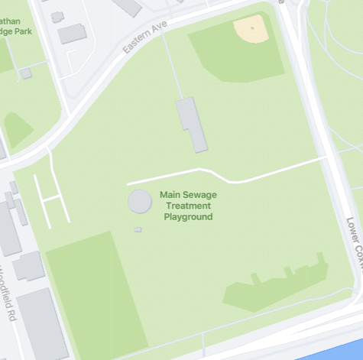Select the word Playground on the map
(x=188, y=217)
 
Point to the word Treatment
(x=188, y=206)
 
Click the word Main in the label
(x=170, y=195)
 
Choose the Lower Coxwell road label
(x=353, y=245)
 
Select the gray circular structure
(x=139, y=202)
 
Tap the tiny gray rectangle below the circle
(x=138, y=229)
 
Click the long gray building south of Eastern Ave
(x=192, y=124)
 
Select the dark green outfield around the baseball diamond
(x=229, y=57)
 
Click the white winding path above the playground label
(x=229, y=175)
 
